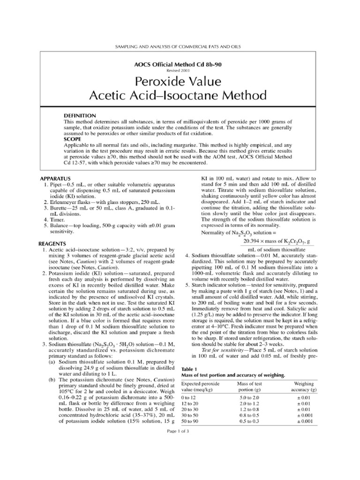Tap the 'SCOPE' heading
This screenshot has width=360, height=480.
(73, 139)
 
